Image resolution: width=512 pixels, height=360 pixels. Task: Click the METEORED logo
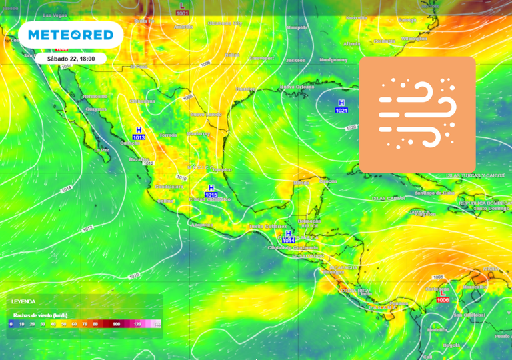[x=71, y=35]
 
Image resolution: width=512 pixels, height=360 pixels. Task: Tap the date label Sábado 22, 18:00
[x=71, y=59]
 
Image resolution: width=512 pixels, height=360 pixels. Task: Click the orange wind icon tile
[x=417, y=114]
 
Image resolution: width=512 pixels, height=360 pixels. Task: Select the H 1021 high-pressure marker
[x=341, y=106]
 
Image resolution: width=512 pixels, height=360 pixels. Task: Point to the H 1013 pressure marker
[x=139, y=133]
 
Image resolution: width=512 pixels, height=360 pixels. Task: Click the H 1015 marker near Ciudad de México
[x=211, y=191]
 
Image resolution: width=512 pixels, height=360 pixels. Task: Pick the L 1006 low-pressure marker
[x=443, y=296]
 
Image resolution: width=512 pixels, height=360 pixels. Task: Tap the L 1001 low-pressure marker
[x=182, y=9]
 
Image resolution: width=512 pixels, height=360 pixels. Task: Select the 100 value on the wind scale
[x=117, y=323]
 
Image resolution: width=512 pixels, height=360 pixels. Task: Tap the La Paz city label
[x=101, y=150]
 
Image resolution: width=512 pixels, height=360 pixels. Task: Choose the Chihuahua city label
[x=142, y=101]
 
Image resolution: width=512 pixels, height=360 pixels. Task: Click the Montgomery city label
[x=333, y=59]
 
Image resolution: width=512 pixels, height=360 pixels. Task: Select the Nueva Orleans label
[x=296, y=87]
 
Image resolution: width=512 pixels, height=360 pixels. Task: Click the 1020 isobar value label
[x=351, y=127]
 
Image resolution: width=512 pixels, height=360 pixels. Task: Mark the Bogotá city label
[x=451, y=345]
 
